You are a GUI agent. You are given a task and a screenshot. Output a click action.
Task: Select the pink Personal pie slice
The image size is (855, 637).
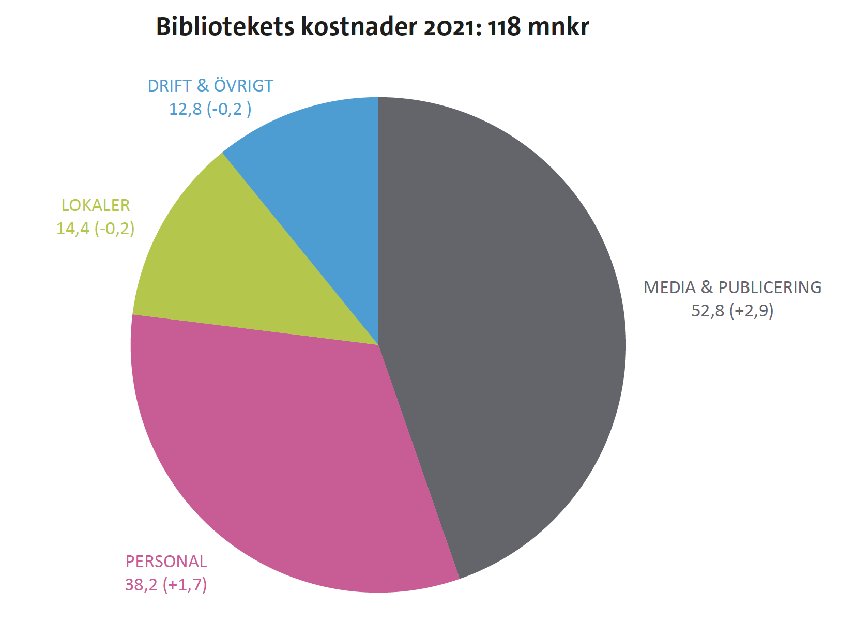289,455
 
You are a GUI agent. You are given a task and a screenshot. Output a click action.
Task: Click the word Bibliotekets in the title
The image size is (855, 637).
225,27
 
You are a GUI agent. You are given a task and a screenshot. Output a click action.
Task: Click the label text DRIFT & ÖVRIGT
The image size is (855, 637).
210,86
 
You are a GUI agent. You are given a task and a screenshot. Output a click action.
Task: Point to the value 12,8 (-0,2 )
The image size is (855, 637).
210,109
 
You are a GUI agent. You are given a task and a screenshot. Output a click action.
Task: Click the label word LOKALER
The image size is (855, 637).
96,205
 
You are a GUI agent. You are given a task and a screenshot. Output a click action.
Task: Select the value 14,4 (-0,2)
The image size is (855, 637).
96,229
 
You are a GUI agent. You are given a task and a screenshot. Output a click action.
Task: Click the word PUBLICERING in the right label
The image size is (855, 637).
770,287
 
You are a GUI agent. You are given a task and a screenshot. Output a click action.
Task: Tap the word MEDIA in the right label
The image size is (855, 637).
669,287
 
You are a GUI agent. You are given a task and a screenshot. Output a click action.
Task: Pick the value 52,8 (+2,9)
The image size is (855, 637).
732,311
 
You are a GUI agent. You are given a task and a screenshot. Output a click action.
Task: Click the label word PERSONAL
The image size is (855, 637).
166,562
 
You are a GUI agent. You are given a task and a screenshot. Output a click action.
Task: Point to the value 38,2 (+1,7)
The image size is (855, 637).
166,585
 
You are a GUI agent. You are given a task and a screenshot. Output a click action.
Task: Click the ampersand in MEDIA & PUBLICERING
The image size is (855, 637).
707,287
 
